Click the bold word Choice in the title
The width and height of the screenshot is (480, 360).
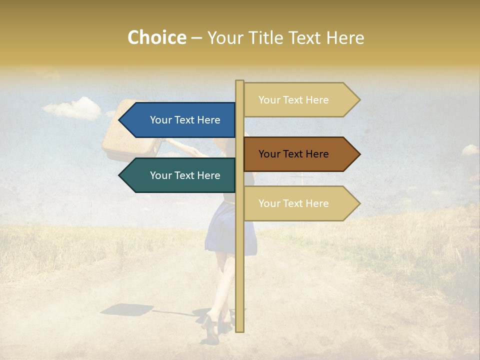tap(156, 38)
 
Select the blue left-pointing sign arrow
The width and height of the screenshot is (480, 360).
tap(180, 120)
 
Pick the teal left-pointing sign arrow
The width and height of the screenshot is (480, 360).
tap(180, 175)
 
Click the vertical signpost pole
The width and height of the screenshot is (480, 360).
tap(239, 260)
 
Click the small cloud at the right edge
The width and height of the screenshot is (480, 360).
tap(469, 149)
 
